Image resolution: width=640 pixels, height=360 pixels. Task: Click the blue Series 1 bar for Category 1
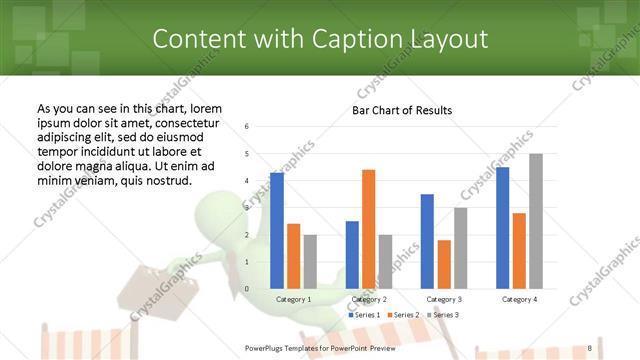[277, 231]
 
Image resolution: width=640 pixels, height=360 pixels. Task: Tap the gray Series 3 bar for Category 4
[536, 221]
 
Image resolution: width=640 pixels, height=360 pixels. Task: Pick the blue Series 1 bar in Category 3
[427, 241]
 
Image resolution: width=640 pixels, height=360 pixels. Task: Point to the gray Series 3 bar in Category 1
[310, 262]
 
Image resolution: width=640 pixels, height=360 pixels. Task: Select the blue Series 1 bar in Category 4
[502, 228]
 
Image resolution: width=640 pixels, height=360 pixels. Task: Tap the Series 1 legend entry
[364, 315]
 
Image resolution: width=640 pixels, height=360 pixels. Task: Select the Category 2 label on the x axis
[368, 299]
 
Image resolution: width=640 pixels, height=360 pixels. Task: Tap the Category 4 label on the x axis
[518, 299]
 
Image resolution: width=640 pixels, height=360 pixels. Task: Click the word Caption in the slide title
[328, 39]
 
